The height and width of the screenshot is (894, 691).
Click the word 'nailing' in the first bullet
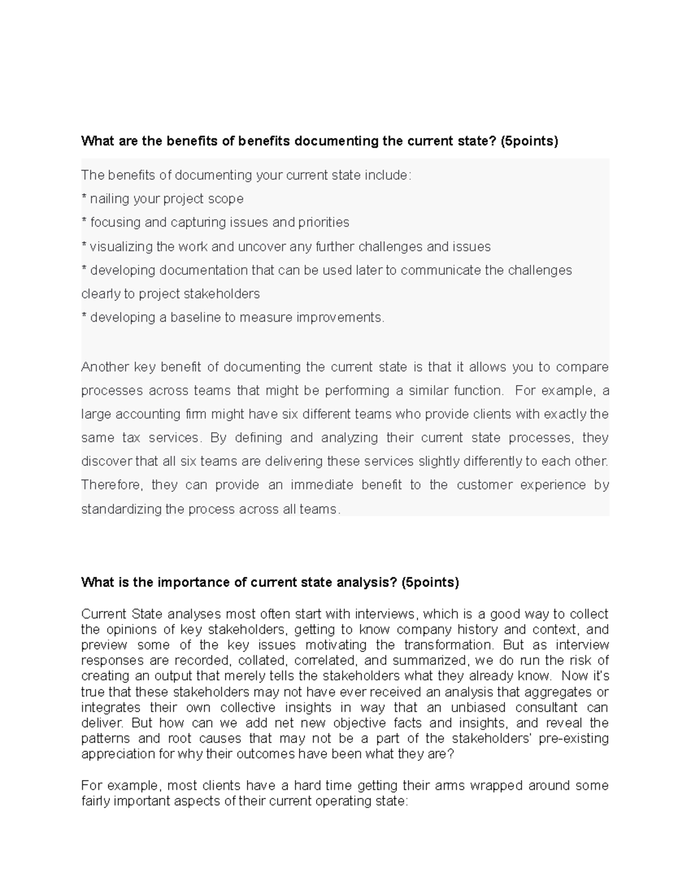(x=109, y=199)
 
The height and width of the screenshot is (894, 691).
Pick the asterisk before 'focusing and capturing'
(x=84, y=222)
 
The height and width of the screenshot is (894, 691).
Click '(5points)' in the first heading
(x=529, y=141)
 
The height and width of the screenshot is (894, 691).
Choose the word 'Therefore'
(x=112, y=485)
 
